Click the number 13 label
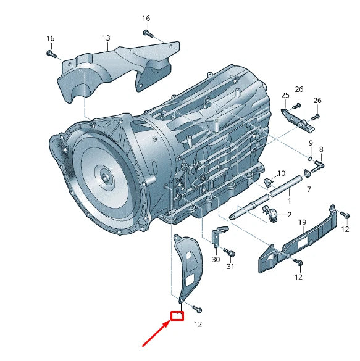click(x=106, y=38)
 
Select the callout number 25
click(x=285, y=95)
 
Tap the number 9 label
click(x=311, y=143)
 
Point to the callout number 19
click(x=303, y=222)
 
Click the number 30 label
click(x=216, y=260)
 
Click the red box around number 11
click(x=177, y=317)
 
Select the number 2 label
click(x=288, y=215)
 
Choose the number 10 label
click(x=281, y=173)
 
